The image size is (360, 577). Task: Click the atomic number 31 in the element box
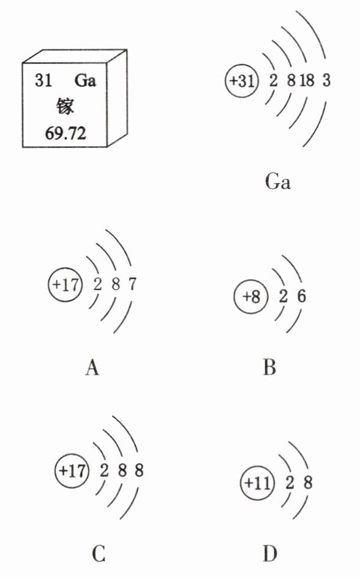(x=43, y=80)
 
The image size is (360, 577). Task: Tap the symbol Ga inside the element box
(x=85, y=80)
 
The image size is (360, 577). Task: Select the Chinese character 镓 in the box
(x=65, y=106)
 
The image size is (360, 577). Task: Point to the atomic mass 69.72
(x=66, y=133)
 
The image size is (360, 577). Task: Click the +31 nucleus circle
(x=242, y=81)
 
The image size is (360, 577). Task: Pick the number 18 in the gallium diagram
(x=307, y=80)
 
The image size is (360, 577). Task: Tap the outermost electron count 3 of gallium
(x=326, y=80)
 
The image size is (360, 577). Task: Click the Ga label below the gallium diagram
(x=277, y=181)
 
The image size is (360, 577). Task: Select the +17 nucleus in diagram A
(x=65, y=285)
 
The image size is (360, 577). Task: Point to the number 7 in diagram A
(x=132, y=284)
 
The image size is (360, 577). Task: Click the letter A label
(x=92, y=367)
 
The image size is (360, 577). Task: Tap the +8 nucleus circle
(x=251, y=296)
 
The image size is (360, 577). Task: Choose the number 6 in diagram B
(x=301, y=296)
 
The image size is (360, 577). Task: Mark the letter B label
(x=269, y=367)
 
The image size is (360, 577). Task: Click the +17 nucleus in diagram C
(x=72, y=471)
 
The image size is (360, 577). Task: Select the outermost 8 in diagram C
(x=139, y=471)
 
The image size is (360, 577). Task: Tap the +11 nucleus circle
(x=258, y=483)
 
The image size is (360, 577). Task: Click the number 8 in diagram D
(x=308, y=482)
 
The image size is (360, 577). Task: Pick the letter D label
(x=270, y=554)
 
